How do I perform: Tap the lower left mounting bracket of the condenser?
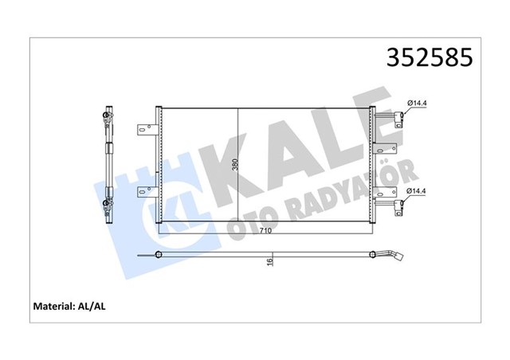coord(145,190)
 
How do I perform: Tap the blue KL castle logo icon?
coord(127,199)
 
